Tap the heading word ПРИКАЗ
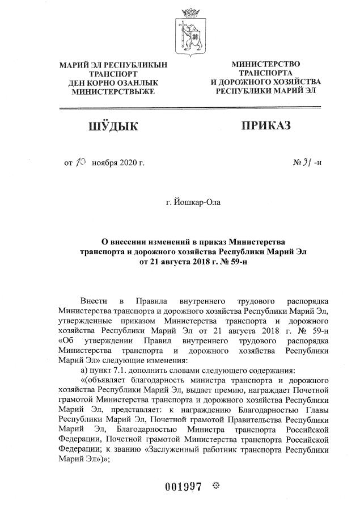point(266,125)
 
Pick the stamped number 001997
point(183,487)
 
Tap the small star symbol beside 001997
point(215,486)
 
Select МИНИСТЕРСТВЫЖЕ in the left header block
point(113,91)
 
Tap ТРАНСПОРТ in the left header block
point(113,74)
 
